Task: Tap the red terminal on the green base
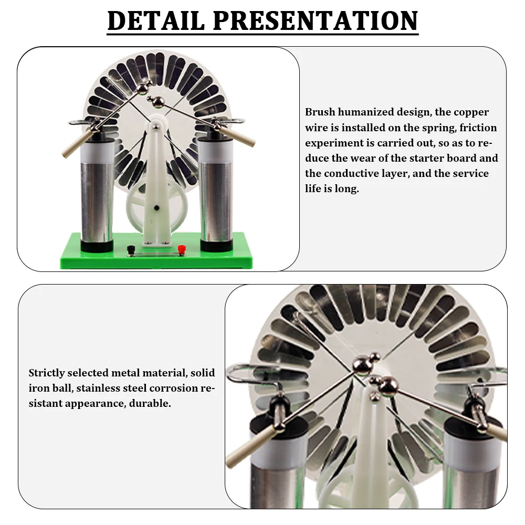coord(182,249)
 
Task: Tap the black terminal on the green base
coord(131,249)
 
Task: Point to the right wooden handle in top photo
coord(243,136)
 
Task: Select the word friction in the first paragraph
coord(476,128)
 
